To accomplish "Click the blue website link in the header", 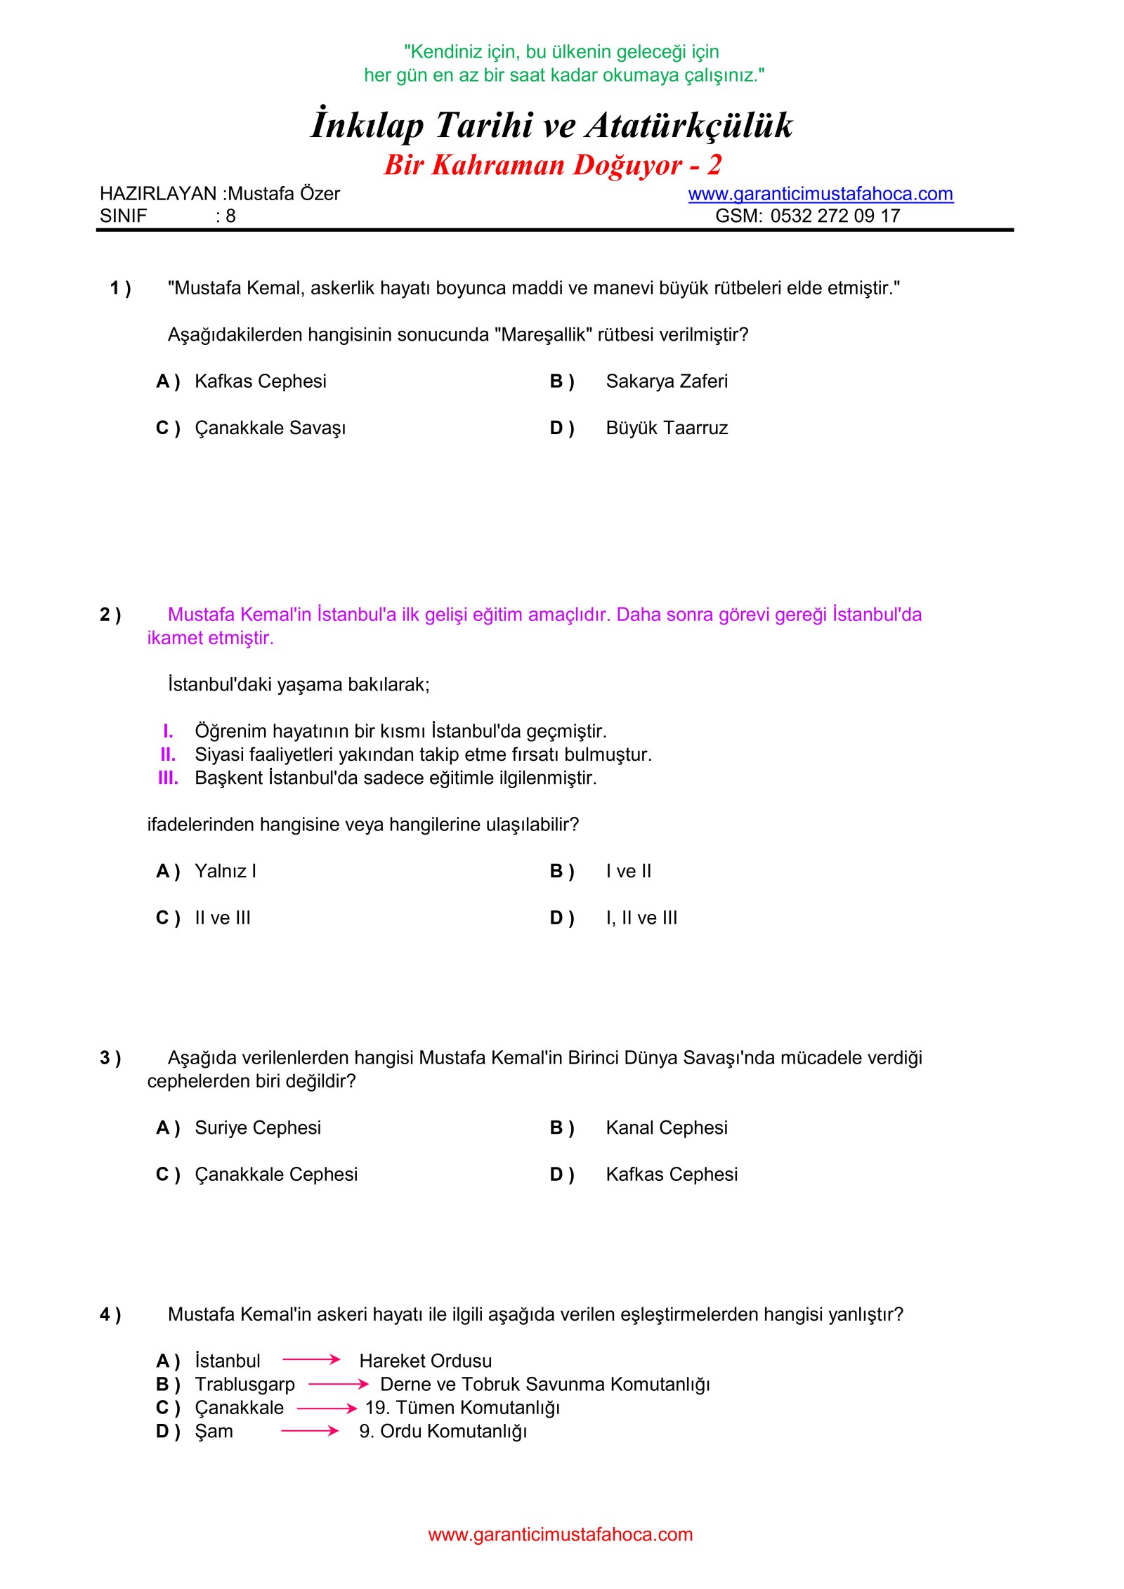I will pos(820,194).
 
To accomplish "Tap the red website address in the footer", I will pos(560,1534).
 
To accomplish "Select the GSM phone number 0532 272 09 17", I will pos(835,216).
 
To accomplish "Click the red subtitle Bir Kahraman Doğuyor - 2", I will pos(553,165).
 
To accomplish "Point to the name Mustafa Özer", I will pos(284,194).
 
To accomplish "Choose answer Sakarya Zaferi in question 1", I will pos(666,381).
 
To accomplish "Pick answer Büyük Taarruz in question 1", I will pos(666,428).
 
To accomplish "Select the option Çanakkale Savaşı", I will pos(270,428).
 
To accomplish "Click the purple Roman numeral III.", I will pos(168,778).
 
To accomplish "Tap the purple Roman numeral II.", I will pos(168,754).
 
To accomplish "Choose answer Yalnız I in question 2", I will pos(226,871).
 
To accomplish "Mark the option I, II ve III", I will pos(641,917).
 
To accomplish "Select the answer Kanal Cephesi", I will pos(666,1127).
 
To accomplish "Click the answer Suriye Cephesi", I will pos(258,1127).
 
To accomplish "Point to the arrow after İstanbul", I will pos(311,1360).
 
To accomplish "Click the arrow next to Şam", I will pos(310,1430).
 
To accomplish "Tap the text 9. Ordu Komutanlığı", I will pos(443,1431).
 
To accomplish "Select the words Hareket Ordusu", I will pos(425,1361).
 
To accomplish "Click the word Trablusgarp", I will pos(244,1384).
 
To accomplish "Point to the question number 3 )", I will pos(110,1058).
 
